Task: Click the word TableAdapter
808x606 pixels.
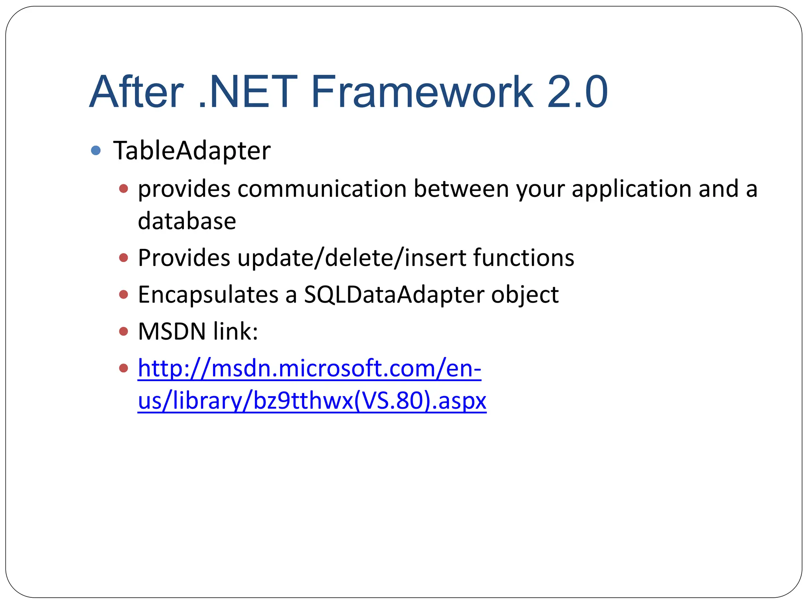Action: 192,151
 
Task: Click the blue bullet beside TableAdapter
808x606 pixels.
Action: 96,150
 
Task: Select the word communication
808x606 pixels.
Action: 322,189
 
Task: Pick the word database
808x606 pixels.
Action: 187,221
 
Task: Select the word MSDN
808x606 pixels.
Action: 172,331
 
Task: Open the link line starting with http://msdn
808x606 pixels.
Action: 309,368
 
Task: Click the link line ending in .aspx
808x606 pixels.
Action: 312,401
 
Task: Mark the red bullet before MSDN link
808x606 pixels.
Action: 123,331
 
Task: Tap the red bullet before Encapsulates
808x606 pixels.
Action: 123,294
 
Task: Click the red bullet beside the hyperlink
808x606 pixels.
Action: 123,368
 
